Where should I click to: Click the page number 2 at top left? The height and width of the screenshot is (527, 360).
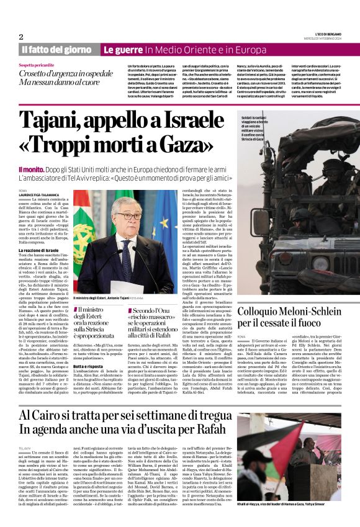(21, 37)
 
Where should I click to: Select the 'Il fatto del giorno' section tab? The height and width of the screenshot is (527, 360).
(56, 49)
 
